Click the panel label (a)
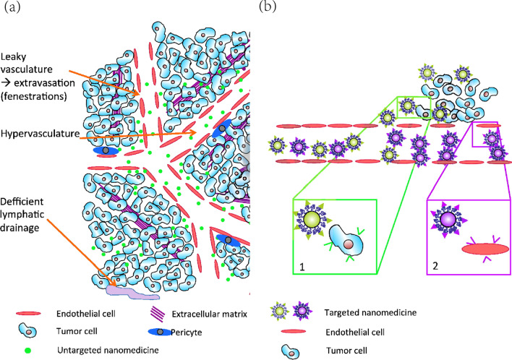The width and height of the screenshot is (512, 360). [12, 9]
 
